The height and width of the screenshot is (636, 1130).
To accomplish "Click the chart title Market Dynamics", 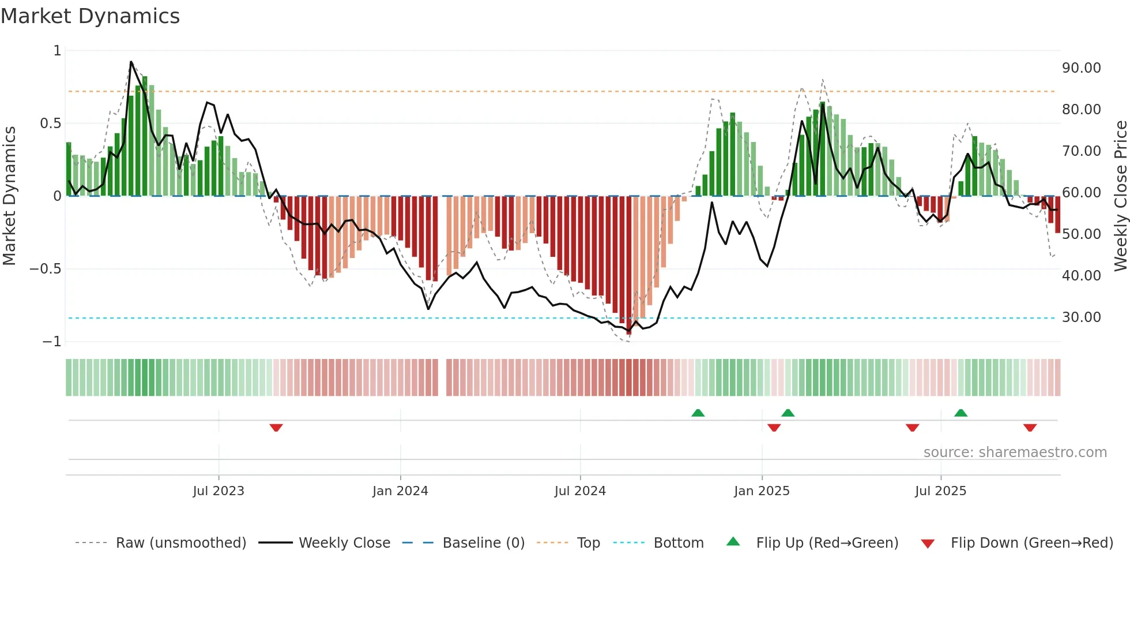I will point(91,16).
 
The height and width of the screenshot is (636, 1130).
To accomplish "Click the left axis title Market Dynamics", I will point(9,196).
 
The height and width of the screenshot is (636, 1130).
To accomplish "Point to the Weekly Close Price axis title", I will point(1120,196).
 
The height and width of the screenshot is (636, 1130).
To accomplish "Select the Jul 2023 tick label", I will point(219,491).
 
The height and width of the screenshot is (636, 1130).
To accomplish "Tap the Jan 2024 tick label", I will point(400,491).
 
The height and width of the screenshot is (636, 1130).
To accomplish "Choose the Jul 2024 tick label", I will point(580,491).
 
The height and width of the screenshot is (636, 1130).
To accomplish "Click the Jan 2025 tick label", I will point(762,491).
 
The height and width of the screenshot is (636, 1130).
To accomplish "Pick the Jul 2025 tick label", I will point(940,491).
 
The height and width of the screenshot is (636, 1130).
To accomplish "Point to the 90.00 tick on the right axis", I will point(1082,68).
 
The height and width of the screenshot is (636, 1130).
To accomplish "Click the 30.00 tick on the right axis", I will point(1082,317).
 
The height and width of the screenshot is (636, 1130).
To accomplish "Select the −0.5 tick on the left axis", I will point(46,269).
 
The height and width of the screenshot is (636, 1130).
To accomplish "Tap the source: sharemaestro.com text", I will point(1015,452).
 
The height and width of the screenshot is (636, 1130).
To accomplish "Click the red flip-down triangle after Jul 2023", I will point(276,428).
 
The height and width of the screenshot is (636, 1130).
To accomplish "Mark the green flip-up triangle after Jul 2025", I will point(960,413).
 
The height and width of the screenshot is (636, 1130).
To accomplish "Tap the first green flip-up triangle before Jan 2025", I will point(698,413).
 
